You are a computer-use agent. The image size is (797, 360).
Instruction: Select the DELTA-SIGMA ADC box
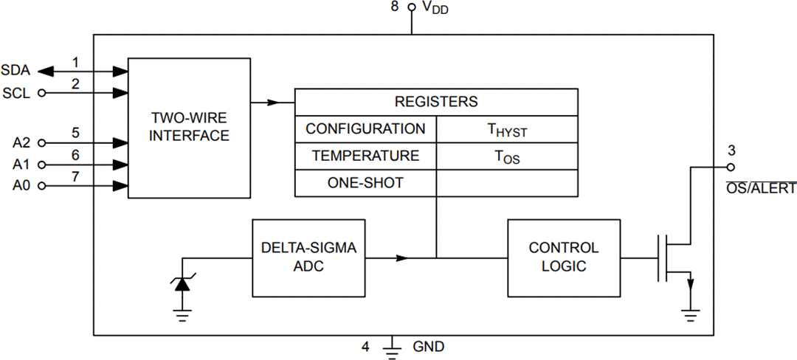tap(308, 257)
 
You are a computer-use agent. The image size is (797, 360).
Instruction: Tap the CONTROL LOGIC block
tap(563, 257)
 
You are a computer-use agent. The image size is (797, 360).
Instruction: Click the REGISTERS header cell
tap(436, 102)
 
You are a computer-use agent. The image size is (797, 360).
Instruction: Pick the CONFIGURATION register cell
tap(365, 129)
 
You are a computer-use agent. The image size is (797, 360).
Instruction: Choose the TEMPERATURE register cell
tap(365, 156)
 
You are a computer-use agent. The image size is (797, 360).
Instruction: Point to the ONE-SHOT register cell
tap(365, 183)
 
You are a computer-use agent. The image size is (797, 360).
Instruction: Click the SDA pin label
tap(15, 71)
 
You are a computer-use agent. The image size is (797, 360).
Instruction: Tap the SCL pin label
tap(15, 93)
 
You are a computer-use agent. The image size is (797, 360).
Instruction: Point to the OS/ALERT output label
tap(759, 189)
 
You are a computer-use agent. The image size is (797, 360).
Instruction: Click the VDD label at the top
tap(435, 8)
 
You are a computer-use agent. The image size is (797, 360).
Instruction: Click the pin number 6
tap(75, 155)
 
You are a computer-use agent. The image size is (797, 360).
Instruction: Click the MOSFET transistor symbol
tap(674, 258)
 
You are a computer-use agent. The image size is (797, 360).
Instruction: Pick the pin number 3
tap(731, 151)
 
